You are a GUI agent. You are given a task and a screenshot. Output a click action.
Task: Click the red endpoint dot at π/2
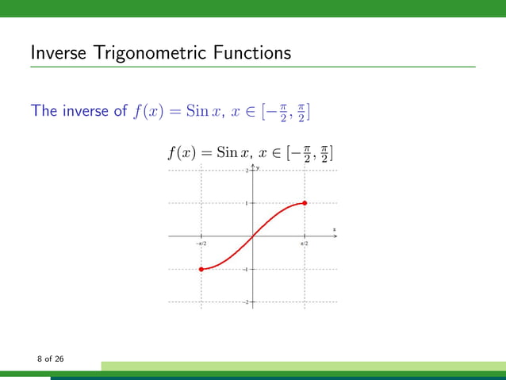point(305,203)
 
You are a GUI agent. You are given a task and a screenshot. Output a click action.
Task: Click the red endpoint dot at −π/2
point(201,269)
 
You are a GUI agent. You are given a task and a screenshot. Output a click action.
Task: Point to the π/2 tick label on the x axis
point(304,243)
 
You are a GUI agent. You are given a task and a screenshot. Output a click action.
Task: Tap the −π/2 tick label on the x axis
point(201,243)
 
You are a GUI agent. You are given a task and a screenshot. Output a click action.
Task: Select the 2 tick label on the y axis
point(247,171)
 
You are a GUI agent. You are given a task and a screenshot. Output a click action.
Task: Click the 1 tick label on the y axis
point(247,203)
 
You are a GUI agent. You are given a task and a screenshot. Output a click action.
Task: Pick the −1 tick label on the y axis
point(246,270)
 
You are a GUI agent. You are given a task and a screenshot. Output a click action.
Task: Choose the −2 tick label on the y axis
point(246,302)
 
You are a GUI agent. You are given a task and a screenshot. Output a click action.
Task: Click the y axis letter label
point(258,167)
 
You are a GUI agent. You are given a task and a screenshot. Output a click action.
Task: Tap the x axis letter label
point(334,229)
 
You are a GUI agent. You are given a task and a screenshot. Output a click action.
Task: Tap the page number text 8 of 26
point(50,360)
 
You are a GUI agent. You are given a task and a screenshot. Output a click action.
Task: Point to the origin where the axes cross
point(253,236)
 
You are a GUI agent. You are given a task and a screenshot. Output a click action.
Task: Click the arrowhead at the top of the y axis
point(253,165)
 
